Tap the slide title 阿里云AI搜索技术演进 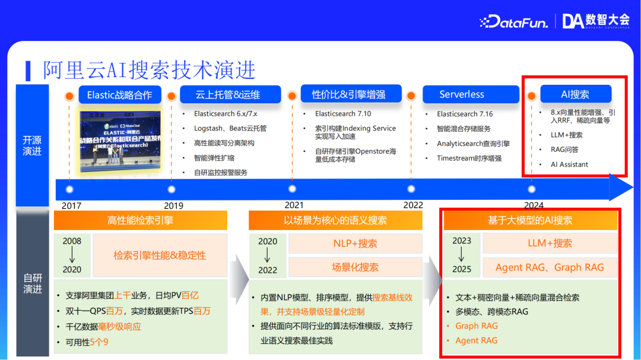pos(149,70)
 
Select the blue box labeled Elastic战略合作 pos(119,95)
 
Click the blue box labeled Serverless pos(462,95)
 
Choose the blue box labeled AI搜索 pos(575,95)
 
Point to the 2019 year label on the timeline pos(173,206)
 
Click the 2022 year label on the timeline pos(413,205)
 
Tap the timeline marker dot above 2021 pos(292,189)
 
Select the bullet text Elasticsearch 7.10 pos(342,114)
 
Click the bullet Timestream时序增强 pos(469,158)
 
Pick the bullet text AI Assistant pos(569,164)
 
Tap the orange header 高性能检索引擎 pos(140,221)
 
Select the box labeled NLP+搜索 pos(355,243)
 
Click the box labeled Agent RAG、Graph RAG pos(550,267)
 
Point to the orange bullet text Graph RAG pos(476,326)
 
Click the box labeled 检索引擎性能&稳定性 pos(160,256)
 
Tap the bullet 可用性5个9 pos(87,342)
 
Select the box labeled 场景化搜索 pos(355,267)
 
